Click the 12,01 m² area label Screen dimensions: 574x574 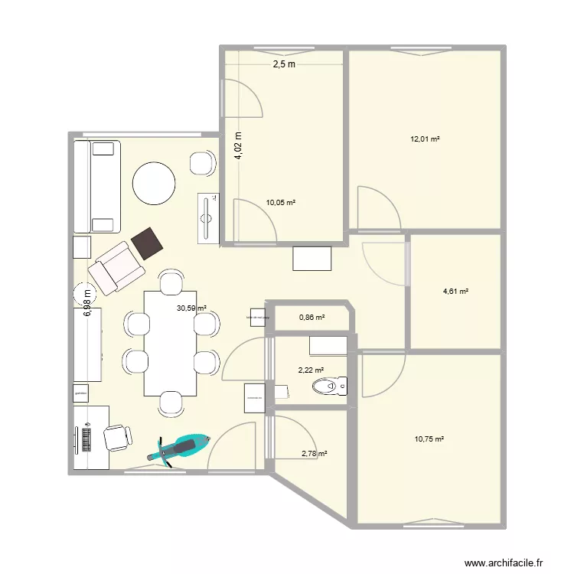[426, 139]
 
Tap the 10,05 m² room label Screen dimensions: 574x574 [280, 203]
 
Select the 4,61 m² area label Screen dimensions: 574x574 [455, 291]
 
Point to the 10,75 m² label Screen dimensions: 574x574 [429, 439]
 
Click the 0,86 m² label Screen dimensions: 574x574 [311, 317]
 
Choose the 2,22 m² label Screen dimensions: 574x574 [311, 370]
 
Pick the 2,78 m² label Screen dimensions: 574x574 [315, 454]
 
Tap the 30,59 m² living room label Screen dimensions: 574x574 [191, 308]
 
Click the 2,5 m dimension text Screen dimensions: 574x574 [284, 65]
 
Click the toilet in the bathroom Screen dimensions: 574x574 [329, 387]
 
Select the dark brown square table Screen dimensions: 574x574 [148, 243]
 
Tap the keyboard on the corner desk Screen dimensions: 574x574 [85, 439]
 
